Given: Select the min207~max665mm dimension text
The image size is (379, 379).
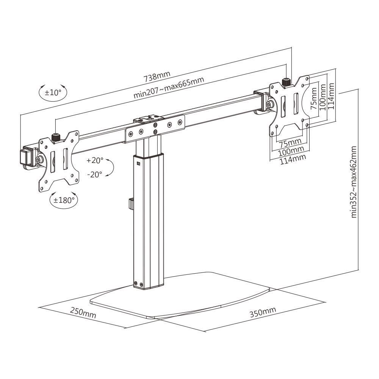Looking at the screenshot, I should [x=169, y=88].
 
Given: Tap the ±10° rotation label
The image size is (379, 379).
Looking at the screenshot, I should [x=53, y=92].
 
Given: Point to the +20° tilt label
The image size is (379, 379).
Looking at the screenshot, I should [x=94, y=160].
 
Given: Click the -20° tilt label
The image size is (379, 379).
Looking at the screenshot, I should [x=94, y=175].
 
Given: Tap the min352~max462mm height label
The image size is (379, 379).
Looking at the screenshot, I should [x=354, y=182].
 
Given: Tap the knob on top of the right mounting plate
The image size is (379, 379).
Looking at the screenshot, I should [x=287, y=82].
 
